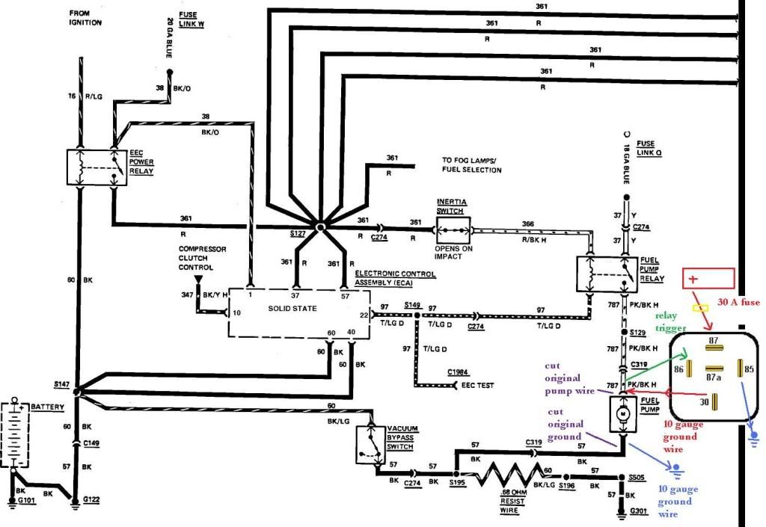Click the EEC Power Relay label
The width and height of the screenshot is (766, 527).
pyautogui.click(x=141, y=162)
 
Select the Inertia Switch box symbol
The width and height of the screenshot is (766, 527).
pyautogui.click(x=453, y=230)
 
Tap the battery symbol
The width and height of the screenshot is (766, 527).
pyautogui.click(x=15, y=433)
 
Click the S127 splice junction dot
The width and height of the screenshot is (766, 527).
pyautogui.click(x=320, y=227)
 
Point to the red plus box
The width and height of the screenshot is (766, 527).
pyautogui.click(x=708, y=279)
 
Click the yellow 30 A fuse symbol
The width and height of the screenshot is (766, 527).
pyautogui.click(x=700, y=308)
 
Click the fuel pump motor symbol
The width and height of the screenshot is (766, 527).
pyautogui.click(x=623, y=414)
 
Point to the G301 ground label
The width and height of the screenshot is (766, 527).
pyautogui.click(x=639, y=511)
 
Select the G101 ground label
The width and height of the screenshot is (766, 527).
pyautogui.click(x=26, y=500)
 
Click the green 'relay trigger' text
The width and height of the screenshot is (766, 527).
pyautogui.click(x=670, y=321)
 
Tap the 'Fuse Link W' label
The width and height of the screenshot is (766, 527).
pyautogui.click(x=191, y=19)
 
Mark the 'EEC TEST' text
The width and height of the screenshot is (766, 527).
pyautogui.click(x=477, y=385)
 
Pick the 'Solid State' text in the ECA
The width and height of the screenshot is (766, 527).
pyautogui.click(x=292, y=309)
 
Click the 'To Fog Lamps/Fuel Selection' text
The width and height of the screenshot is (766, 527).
pyautogui.click(x=471, y=165)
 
